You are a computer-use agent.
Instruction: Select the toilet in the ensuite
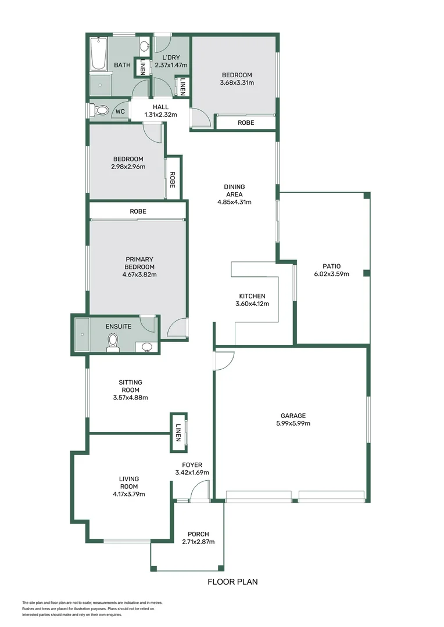pos(113,343)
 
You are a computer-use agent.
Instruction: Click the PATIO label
pos(331,266)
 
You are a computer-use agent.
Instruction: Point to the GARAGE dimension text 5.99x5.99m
pos(293,423)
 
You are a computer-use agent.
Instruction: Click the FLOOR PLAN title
pos(232,581)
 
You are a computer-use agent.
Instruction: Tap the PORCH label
pos(198,534)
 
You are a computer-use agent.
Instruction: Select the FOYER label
pos(192,464)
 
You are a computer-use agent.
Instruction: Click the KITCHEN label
pos(252,296)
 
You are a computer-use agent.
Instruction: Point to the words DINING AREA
pos(234,190)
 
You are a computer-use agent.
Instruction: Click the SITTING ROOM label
pos(130,386)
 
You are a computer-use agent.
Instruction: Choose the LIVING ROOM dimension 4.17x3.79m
pos(128,495)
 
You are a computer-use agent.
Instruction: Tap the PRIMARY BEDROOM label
pos(139,263)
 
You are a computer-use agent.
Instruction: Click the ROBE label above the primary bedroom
pos(138,212)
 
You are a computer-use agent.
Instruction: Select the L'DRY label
pos(170,57)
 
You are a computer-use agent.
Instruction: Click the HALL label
pos(160,107)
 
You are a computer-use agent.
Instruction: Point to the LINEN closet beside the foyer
pos(178,432)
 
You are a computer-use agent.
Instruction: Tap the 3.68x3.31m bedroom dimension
pos(237,83)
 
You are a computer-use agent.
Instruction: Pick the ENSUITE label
pos(119,326)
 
